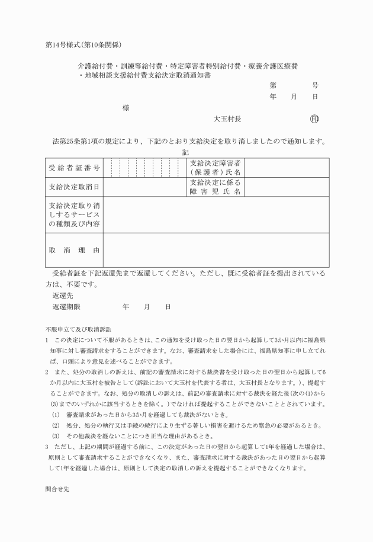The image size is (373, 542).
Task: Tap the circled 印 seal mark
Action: click(314, 118)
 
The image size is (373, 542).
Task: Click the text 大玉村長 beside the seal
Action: click(227, 118)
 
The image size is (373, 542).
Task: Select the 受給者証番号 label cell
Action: click(74, 168)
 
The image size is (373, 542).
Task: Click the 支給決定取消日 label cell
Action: click(74, 187)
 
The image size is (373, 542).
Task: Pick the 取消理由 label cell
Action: click(74, 250)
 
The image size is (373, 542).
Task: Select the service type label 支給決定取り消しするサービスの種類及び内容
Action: click(74, 214)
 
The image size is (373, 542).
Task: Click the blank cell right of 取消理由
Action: click(216, 250)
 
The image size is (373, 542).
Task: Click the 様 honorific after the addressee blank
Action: click(126, 108)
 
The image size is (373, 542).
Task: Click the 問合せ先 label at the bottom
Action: click(57, 490)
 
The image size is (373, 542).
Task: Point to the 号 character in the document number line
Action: click(315, 85)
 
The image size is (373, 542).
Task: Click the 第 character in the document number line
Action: click(273, 85)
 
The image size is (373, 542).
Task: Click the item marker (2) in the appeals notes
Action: click(56, 425)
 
